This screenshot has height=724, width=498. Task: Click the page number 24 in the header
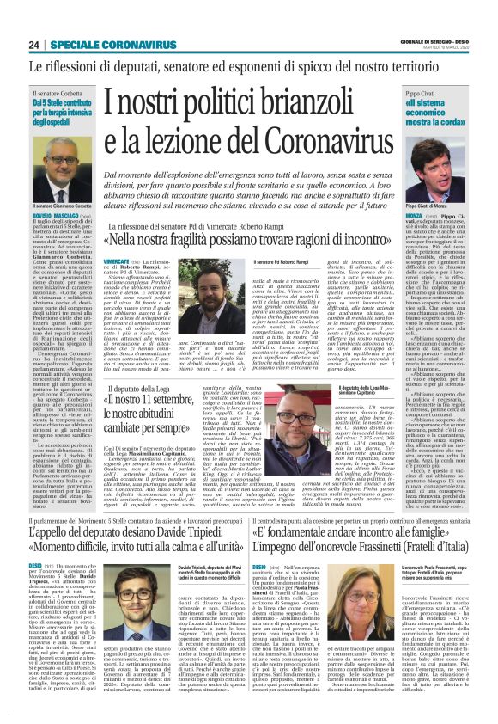[34, 45]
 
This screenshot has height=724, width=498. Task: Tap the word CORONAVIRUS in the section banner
[131, 45]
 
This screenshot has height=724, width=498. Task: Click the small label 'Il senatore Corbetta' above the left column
[55, 92]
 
